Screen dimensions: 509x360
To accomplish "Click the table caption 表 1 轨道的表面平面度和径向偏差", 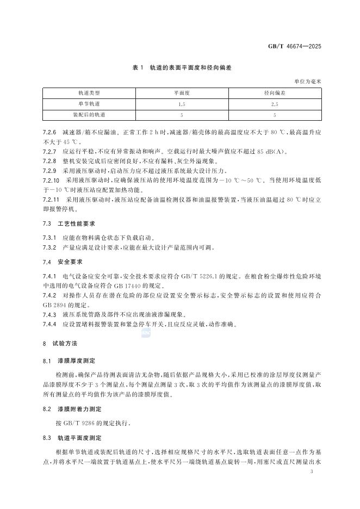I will tap(179, 68).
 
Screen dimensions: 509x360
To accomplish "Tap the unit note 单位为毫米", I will tap(308, 82).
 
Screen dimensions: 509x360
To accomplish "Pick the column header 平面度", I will tap(182, 94).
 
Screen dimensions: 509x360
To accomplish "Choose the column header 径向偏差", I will tap(275, 94).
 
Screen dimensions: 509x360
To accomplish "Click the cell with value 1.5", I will tap(182, 104).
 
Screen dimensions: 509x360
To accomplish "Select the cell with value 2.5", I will tap(275, 104).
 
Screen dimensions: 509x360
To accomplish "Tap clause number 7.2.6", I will tap(49, 132).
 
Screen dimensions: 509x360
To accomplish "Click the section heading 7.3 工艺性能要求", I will tap(67, 224).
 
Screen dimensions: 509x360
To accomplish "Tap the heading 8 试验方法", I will tap(61, 345).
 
